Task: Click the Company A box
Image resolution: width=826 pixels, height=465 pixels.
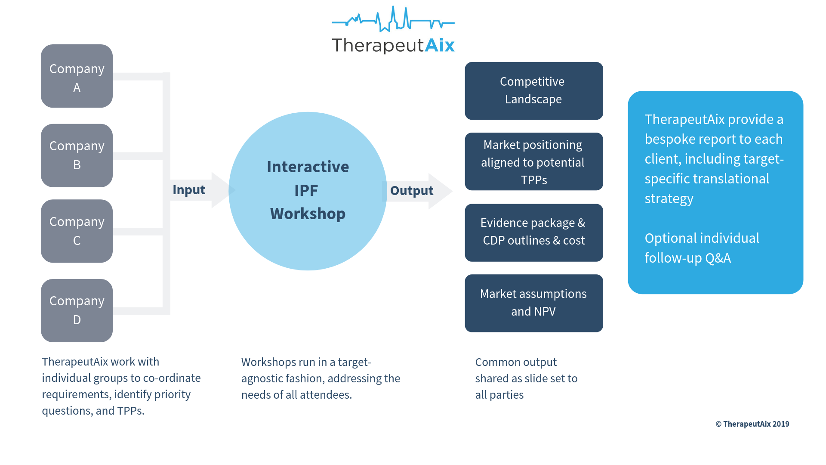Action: click(77, 76)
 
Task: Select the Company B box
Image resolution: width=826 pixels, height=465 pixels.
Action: click(77, 155)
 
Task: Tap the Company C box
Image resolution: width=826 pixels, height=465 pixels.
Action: click(77, 231)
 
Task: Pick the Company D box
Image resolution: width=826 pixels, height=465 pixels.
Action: click(77, 310)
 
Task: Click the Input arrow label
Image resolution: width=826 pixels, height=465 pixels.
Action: click(189, 190)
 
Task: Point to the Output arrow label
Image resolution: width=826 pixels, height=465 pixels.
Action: click(412, 191)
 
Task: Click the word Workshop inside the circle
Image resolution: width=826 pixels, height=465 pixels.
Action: click(308, 214)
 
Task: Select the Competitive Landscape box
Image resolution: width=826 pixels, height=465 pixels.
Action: click(533, 91)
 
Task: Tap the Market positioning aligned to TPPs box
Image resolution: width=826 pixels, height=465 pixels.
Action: click(533, 161)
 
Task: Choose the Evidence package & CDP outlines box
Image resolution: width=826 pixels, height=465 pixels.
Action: click(533, 232)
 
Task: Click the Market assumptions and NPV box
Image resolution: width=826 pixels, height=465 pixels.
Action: click(533, 303)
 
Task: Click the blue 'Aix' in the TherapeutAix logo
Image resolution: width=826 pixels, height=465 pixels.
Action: click(440, 45)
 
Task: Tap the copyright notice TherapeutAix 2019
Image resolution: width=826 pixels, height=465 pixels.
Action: click(752, 424)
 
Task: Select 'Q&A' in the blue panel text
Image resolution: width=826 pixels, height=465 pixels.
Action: click(718, 258)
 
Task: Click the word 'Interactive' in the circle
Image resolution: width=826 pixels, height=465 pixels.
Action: click(308, 167)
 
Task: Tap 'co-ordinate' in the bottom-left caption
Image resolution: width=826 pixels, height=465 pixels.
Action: click(172, 378)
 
